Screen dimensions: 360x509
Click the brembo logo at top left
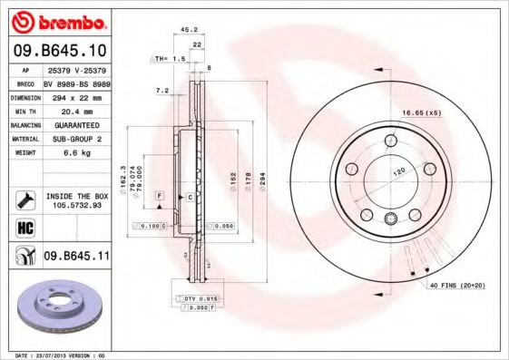click(x=56, y=19)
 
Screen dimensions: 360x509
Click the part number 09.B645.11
click(x=77, y=257)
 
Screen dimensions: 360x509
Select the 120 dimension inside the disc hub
click(x=397, y=170)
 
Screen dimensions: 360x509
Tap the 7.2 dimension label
click(x=163, y=91)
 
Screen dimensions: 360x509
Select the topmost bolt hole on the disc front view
click(x=390, y=140)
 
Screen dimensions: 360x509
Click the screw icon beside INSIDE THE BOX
click(x=24, y=199)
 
